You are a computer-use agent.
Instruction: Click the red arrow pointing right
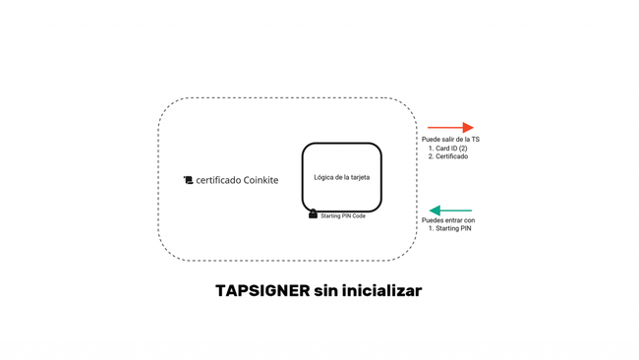[x=450, y=128]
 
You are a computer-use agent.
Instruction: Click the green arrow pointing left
[x=450, y=210]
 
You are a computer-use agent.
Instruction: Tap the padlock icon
[x=313, y=213]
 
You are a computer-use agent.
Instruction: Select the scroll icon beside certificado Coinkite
[x=188, y=180]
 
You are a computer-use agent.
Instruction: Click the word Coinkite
[x=261, y=180]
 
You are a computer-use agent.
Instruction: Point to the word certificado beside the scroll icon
[x=218, y=180]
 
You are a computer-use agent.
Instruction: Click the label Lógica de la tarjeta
[x=342, y=177]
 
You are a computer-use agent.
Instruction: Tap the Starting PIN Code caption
[x=343, y=216]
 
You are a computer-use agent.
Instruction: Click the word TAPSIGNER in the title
[x=262, y=291]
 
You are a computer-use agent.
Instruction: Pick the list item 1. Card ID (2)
[x=448, y=149]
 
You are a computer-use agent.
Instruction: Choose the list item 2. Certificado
[x=448, y=156]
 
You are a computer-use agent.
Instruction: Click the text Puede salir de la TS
[x=450, y=140]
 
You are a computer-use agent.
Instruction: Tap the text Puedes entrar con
[x=448, y=220]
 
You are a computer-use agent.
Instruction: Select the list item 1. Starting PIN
[x=450, y=229]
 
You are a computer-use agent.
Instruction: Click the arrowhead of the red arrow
[x=468, y=128]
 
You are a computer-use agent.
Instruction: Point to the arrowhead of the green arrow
[x=435, y=210]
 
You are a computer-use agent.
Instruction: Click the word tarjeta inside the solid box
[x=359, y=177]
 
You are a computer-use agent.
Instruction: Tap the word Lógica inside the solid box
[x=322, y=177]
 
